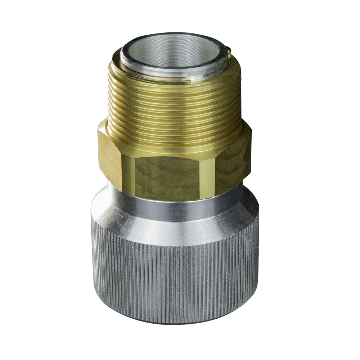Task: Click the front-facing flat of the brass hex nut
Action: [x=167, y=176]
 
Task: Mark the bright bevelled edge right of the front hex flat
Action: [x=207, y=178]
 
